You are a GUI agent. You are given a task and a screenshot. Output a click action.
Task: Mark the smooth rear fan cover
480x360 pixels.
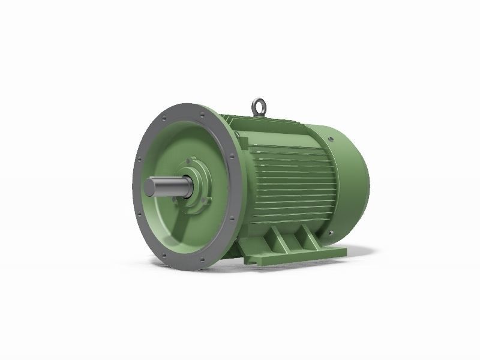[x=348, y=180]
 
